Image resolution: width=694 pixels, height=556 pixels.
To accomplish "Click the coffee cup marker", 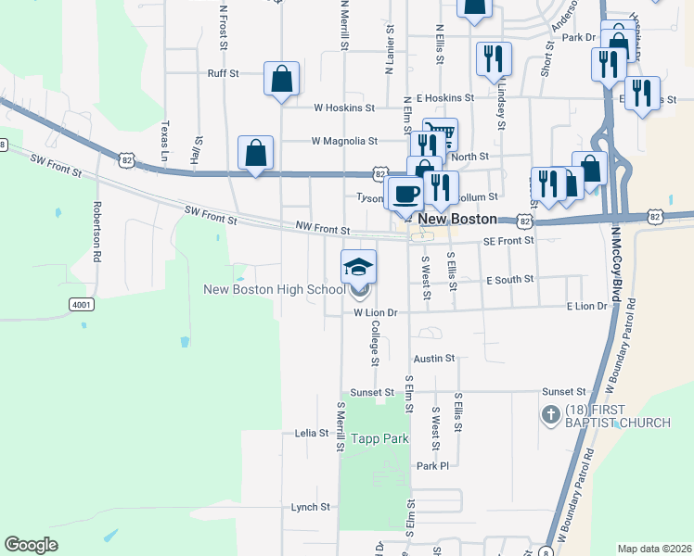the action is tap(405, 194).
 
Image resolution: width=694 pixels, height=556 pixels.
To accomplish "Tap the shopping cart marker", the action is tap(440, 135).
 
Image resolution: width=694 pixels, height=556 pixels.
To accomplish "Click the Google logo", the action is tap(31, 545).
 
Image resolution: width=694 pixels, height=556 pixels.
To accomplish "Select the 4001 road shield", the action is tap(82, 304).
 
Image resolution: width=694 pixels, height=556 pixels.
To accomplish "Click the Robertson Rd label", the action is tap(96, 232).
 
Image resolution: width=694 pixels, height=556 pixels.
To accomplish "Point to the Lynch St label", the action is tap(311, 507).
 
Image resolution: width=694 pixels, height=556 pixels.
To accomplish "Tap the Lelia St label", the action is tap(311, 433).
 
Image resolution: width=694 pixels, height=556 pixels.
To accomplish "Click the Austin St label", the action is tap(434, 358).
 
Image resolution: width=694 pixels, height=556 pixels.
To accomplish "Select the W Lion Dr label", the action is tap(375, 313).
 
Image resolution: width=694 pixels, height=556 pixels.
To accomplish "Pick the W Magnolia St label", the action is tap(344, 142).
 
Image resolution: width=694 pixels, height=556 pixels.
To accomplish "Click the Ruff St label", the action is tap(223, 72).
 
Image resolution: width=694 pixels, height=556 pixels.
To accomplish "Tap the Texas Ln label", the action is tap(165, 138).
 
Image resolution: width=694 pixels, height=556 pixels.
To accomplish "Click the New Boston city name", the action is tap(457, 220).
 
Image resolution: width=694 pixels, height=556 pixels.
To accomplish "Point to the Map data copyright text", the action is tap(653, 549).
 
